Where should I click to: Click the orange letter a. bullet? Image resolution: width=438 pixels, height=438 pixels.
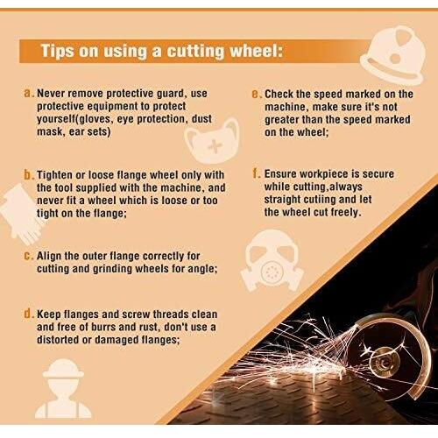pyautogui.click(x=29, y=94)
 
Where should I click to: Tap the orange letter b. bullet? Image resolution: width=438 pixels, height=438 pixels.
pyautogui.click(x=29, y=175)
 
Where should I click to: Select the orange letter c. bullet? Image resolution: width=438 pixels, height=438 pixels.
pyautogui.click(x=29, y=257)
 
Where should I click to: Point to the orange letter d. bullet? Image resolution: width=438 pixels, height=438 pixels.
pyautogui.click(x=29, y=314)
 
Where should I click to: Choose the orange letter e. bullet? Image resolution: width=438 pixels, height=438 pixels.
pyautogui.click(x=257, y=95)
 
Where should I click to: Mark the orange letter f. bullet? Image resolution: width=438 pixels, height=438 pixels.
pyautogui.click(x=257, y=173)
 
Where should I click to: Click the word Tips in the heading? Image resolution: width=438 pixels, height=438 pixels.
pyautogui.click(x=57, y=52)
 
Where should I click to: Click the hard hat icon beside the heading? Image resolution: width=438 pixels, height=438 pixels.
pyautogui.click(x=392, y=55)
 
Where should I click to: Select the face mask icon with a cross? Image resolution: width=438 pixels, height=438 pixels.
pyautogui.click(x=213, y=141)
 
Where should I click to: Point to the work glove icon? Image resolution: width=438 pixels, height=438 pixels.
pyautogui.click(x=21, y=213)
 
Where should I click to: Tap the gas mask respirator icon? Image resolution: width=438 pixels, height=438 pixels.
pyautogui.click(x=272, y=261)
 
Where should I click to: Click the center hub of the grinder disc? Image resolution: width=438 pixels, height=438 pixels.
pyautogui.click(x=382, y=363)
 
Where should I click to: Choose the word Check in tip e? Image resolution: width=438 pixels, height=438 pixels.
pyautogui.click(x=279, y=95)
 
